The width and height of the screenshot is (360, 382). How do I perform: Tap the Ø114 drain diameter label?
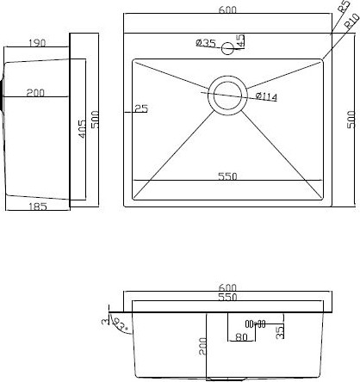pyautogui.click(x=265, y=96)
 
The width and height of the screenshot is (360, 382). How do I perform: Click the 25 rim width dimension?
pyautogui.click(x=141, y=108)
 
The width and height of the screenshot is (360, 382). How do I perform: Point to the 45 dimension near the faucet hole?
pyautogui.click(x=241, y=40)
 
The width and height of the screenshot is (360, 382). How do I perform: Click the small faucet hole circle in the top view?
pyautogui.click(x=228, y=48)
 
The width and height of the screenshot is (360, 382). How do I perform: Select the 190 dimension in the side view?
pyautogui.click(x=36, y=42)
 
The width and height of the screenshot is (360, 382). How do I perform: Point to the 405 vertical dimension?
pyautogui.click(x=81, y=130)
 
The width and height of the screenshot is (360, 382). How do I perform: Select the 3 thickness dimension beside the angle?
pyautogui.click(x=104, y=322)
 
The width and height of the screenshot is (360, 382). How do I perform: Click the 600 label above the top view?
pyautogui.click(x=227, y=9)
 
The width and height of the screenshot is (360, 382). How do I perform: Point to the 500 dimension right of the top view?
pyautogui.click(x=351, y=120)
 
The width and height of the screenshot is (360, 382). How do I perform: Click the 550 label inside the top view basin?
pyautogui.click(x=227, y=176)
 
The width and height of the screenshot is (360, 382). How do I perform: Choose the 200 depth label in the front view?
pyautogui.click(x=200, y=347)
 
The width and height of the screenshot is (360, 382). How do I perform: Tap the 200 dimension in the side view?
pyautogui.click(x=35, y=93)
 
